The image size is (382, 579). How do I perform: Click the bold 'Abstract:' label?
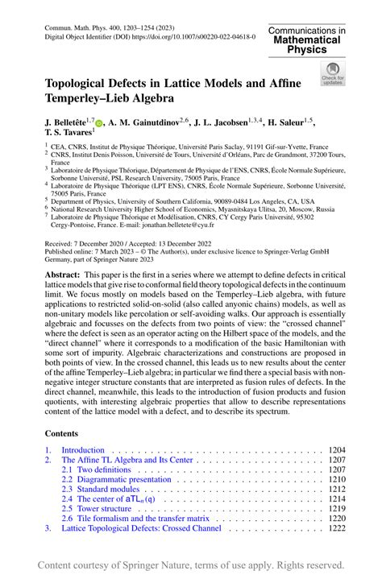coord(63,274)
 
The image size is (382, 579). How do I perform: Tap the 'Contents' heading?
coord(62,432)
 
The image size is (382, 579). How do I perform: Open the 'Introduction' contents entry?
coord(83,450)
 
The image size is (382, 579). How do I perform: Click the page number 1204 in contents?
coord(337,450)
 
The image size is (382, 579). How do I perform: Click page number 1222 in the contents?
coord(337,528)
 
